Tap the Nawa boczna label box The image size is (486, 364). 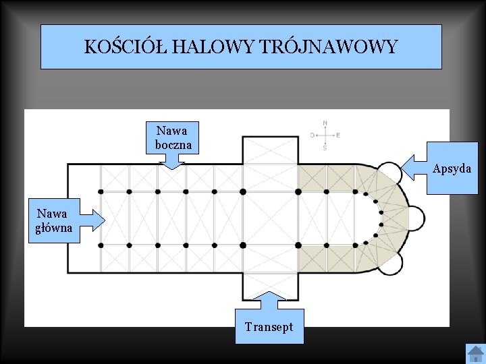(173, 138)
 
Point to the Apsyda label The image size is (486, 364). (452, 169)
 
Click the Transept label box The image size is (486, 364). (269, 327)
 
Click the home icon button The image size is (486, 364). (476, 353)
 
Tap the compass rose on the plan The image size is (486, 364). (325, 135)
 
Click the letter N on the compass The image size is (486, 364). (325, 123)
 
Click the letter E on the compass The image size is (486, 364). (338, 135)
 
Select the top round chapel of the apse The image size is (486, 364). (389, 173)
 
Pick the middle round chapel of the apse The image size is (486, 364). (416, 218)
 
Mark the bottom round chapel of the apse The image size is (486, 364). (389, 264)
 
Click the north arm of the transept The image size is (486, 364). (270, 150)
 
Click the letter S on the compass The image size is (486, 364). (325, 148)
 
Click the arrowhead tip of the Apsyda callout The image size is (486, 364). (402, 168)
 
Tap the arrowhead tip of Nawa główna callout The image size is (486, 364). (105, 219)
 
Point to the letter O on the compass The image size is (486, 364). (313, 135)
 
